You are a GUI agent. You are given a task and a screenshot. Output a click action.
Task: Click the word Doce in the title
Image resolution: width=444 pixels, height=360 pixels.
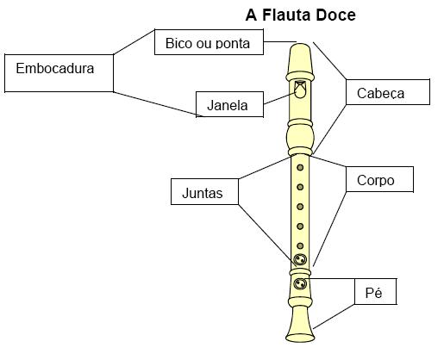[336, 15]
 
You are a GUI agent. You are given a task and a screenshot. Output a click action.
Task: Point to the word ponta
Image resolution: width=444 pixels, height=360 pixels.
[239, 43]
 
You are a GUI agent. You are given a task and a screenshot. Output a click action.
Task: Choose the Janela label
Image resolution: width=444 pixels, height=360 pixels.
[228, 106]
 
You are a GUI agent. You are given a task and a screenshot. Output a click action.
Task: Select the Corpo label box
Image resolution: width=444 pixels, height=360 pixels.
[380, 180]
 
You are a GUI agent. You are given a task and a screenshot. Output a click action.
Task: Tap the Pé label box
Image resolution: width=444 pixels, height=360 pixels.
[374, 293]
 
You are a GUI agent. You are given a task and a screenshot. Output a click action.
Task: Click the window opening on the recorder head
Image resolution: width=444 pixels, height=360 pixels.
[300, 88]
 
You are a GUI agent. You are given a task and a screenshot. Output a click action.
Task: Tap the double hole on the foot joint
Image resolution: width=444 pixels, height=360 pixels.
[300, 284]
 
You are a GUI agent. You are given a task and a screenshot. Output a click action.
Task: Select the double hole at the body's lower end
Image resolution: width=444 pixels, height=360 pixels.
[300, 260]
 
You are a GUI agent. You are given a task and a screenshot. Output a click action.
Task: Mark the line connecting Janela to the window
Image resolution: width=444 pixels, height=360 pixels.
[276, 98]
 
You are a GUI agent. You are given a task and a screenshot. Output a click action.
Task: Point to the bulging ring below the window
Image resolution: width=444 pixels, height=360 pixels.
[300, 135]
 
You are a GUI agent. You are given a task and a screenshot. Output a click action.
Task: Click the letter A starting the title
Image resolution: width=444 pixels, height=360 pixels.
[253, 15]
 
